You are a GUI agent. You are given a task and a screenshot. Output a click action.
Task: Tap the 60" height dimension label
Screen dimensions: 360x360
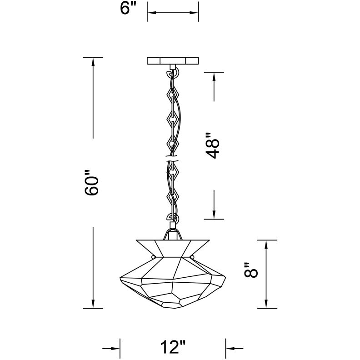pyautogui.click(x=93, y=183)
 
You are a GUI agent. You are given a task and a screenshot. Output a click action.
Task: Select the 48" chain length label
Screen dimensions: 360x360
pyautogui.click(x=213, y=145)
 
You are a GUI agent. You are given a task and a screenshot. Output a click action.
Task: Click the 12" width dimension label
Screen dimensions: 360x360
pyautogui.click(x=173, y=349)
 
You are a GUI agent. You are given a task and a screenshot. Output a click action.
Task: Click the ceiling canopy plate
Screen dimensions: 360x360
pyautogui.click(x=173, y=60)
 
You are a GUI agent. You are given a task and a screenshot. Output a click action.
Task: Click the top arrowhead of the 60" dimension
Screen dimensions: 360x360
pyautogui.click(x=93, y=62)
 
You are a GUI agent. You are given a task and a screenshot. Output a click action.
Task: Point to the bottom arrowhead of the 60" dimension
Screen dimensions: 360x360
pyautogui.click(x=93, y=304)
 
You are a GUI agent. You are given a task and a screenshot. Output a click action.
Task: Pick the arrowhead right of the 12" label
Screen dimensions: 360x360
pyautogui.click(x=230, y=349)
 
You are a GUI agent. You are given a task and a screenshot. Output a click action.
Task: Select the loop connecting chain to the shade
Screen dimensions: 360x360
pyautogui.click(x=173, y=219)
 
